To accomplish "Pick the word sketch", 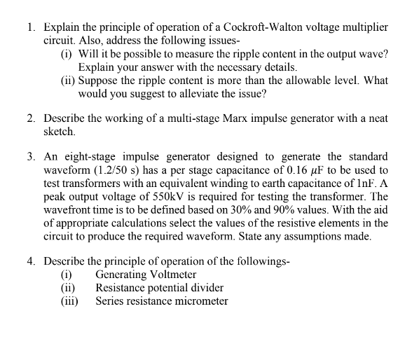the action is pos(59,132).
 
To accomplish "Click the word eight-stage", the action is pos(85,157).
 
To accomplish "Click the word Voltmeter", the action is pos(171,275).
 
